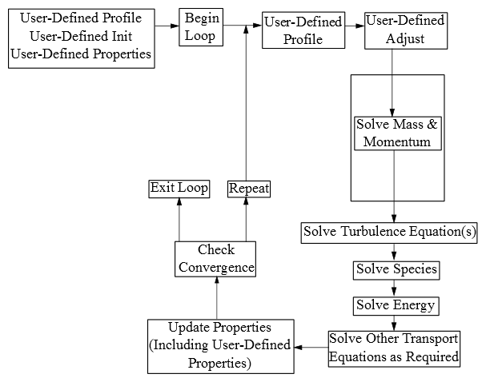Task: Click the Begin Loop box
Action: tap(200, 27)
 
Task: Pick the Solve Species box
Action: tap(396, 269)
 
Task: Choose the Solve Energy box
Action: tap(396, 305)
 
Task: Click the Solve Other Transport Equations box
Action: tap(395, 348)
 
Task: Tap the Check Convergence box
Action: tap(215, 260)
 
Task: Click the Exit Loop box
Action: tap(179, 189)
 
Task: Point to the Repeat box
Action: tap(248, 189)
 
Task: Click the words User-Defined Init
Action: tap(80, 36)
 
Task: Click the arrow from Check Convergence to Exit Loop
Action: tap(179, 220)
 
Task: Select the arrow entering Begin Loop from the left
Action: tap(167, 26)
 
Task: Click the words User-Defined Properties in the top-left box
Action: tap(80, 54)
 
